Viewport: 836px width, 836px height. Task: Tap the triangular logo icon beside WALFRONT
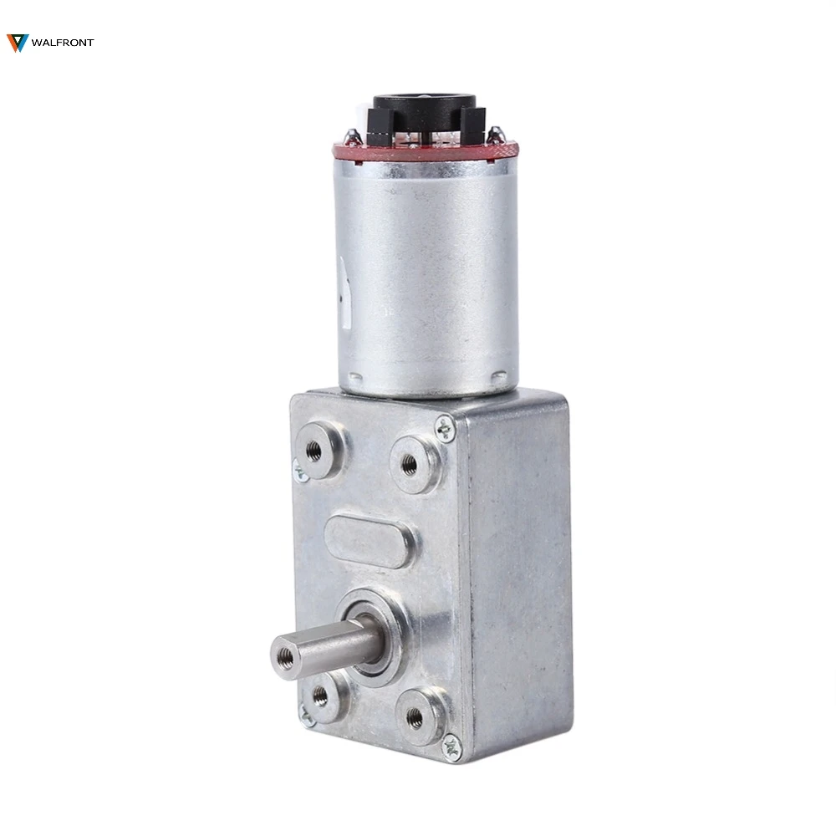coord(18,43)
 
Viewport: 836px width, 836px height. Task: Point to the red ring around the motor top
coord(425,151)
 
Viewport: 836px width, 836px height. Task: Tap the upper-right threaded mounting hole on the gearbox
coord(410,465)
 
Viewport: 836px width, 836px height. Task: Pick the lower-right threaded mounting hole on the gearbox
coord(415,716)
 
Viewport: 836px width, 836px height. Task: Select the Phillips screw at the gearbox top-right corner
coord(446,429)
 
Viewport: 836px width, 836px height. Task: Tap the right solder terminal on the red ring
coord(495,133)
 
